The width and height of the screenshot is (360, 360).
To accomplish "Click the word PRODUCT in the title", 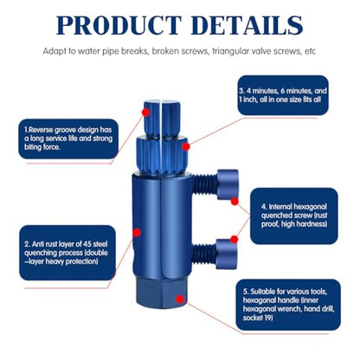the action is click(119, 25).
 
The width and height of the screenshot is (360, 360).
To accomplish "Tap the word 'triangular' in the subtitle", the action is click(228, 51).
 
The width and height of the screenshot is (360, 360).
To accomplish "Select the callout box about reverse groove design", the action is click(68, 138).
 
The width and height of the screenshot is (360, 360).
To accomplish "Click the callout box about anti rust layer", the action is click(67, 253).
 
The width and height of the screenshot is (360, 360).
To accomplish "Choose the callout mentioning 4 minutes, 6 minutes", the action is click(283, 95).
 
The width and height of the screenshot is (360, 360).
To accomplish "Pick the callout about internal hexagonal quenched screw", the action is click(294, 215).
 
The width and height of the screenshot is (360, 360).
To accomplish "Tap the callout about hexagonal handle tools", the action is click(288, 305).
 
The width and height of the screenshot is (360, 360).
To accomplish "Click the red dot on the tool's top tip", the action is click(145, 112).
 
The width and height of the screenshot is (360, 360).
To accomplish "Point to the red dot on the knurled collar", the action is click(186, 147).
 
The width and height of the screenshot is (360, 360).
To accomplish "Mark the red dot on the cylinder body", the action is click(137, 233).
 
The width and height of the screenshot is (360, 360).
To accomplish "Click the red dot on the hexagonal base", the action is click(180, 299).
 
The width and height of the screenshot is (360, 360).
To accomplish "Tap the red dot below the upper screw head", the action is click(235, 202).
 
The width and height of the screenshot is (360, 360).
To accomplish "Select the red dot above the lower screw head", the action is click(235, 239).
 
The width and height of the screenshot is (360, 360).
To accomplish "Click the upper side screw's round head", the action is click(228, 184).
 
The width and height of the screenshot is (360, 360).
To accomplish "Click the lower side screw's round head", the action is click(227, 254).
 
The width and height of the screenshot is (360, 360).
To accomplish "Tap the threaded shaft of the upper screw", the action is click(204, 185).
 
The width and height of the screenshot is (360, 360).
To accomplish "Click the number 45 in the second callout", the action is click(87, 244).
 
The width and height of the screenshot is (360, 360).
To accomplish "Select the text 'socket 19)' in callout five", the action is click(258, 318).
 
